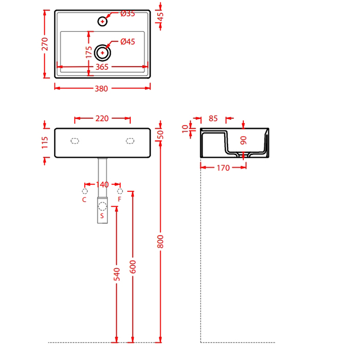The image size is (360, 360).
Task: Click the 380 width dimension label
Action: point(101,88)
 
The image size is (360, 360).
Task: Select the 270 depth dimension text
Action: point(45,44)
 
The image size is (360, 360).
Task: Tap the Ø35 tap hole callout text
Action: point(128,13)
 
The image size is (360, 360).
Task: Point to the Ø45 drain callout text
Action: point(128,42)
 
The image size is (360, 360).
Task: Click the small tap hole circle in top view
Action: point(102,22)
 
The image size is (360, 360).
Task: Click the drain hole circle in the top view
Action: point(102,53)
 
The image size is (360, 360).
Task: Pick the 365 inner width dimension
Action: point(102,67)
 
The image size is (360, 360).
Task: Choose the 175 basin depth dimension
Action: point(88,52)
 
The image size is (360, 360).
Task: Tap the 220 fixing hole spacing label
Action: point(102,118)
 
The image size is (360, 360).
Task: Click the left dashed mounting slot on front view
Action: point(75,141)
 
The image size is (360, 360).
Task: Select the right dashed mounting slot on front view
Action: point(130,141)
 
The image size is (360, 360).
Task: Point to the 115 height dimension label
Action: point(45,142)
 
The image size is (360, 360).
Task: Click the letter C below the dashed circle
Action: point(84,200)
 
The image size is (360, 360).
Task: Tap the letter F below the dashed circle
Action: point(119,199)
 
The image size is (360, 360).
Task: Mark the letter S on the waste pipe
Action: point(102,215)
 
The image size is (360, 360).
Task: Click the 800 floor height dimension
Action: point(160,242)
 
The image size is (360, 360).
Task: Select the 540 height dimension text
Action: point(117,274)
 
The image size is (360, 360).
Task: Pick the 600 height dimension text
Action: point(133,267)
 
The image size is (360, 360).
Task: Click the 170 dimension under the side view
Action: point(223,168)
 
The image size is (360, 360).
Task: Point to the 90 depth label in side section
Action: point(243,140)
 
